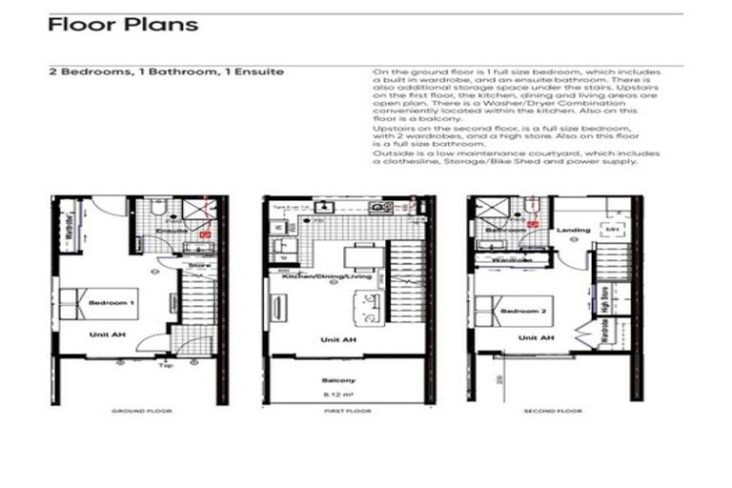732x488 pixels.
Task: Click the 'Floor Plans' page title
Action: pyautogui.click(x=123, y=25)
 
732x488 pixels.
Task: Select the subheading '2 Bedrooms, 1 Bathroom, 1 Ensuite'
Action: pyautogui.click(x=166, y=71)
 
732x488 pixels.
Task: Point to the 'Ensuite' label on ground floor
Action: pyautogui.click(x=172, y=231)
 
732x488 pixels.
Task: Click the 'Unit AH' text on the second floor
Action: pyautogui.click(x=535, y=337)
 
